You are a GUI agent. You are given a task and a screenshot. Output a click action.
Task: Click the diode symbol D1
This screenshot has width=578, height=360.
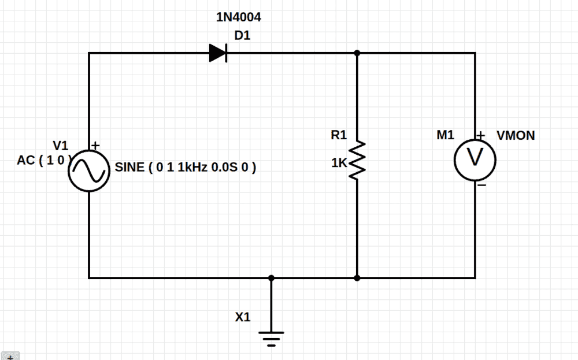(x=218, y=53)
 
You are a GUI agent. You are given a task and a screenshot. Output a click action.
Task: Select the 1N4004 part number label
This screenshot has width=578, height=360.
(x=238, y=17)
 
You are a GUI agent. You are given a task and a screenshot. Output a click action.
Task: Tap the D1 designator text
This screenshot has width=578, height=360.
(x=243, y=36)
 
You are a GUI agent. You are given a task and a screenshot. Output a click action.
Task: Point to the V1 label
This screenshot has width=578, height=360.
(x=60, y=145)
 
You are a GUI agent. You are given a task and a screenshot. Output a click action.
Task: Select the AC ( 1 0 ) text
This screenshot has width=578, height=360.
(x=44, y=161)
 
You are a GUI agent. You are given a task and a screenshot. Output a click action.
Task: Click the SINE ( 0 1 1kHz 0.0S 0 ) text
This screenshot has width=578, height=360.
(x=186, y=168)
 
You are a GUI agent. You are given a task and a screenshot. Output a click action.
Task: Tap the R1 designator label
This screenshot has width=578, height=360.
(x=339, y=135)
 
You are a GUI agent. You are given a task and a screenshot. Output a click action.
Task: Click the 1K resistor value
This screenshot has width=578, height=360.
(x=339, y=164)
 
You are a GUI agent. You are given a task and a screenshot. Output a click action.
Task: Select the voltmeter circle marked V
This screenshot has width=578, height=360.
(x=475, y=159)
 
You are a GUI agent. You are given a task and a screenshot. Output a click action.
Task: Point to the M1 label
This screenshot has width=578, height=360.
(x=446, y=135)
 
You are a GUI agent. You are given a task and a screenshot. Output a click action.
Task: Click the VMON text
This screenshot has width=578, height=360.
(x=516, y=136)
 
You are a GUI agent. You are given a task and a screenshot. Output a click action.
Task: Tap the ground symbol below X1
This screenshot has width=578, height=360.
(x=271, y=336)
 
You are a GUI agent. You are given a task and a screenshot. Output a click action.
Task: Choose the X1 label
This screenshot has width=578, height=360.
(x=243, y=317)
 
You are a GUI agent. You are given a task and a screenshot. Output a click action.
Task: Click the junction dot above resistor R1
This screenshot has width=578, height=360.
(x=357, y=53)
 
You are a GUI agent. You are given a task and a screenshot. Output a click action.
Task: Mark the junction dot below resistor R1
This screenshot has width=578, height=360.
(x=357, y=278)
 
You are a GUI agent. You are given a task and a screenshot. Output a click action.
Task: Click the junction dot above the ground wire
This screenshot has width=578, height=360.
(x=271, y=278)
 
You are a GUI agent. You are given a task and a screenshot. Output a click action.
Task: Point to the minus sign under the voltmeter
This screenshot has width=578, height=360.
(x=481, y=185)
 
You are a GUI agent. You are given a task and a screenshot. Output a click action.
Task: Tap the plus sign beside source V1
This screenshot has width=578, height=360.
(x=95, y=146)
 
